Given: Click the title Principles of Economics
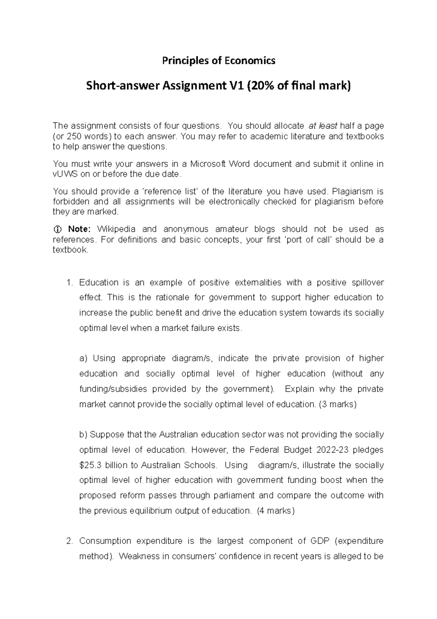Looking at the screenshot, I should (x=219, y=61).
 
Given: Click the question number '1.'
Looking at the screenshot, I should (x=70, y=283).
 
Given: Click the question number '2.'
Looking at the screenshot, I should (x=70, y=541).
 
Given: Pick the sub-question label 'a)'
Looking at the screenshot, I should (x=83, y=358).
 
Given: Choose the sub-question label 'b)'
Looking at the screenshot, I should (x=83, y=435).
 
